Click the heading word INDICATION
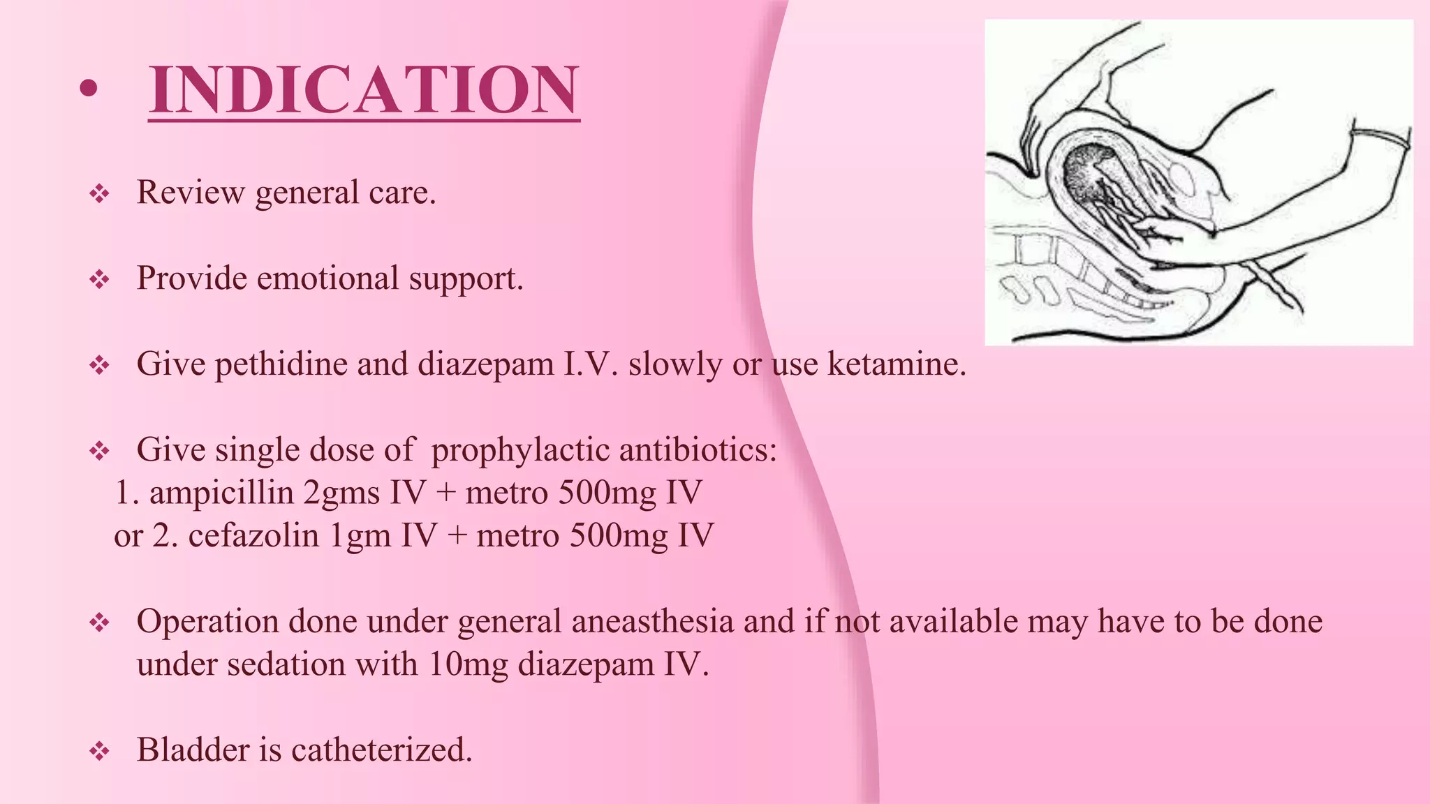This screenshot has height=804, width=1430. pos(364,90)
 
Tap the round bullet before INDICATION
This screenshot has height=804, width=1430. pos(88,89)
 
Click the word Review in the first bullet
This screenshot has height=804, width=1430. pos(191,193)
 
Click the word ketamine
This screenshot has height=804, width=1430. pos(897,364)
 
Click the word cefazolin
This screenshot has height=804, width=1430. pos(253,536)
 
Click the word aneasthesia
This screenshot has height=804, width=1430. pos(652,622)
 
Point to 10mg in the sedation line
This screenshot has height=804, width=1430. pos(468,664)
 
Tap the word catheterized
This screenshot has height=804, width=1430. pos(382,750)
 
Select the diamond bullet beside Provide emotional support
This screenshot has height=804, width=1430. pos(100,281)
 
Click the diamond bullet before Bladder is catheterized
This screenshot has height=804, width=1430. pos(100,752)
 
